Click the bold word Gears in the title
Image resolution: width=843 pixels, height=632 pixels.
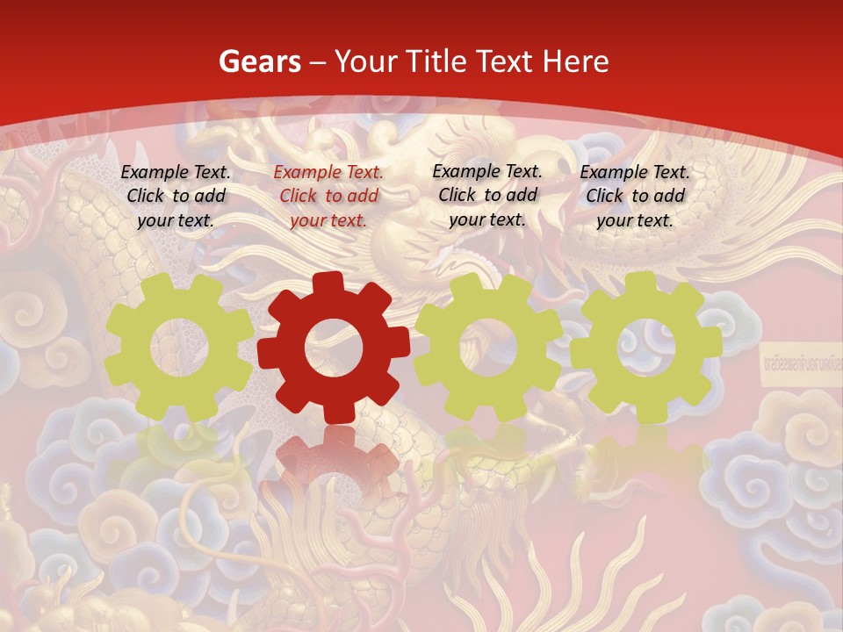pos(259,61)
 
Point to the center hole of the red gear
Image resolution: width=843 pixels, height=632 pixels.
pos(333,348)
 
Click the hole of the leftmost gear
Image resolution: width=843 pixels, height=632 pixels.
pos(178,346)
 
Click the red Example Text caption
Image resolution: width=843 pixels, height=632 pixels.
pos(328,196)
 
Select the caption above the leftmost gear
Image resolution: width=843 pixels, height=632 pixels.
pos(176,196)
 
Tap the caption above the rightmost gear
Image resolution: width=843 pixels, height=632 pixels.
pos(635,196)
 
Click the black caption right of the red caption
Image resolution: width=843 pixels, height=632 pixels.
pos(487,195)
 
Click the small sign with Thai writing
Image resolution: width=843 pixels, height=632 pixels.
pos(798,360)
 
